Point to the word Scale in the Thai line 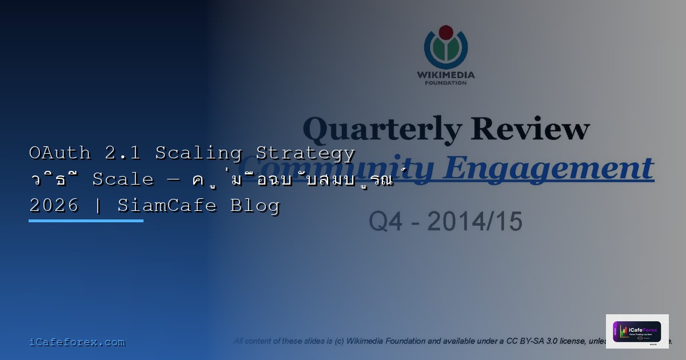123,179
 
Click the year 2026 54,206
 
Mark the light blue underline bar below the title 86,221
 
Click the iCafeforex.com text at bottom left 77,342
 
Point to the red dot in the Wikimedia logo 446,32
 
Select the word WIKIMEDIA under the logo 446,75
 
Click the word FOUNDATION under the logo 446,83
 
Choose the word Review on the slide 531,129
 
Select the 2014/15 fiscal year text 474,222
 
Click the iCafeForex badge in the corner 637,331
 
